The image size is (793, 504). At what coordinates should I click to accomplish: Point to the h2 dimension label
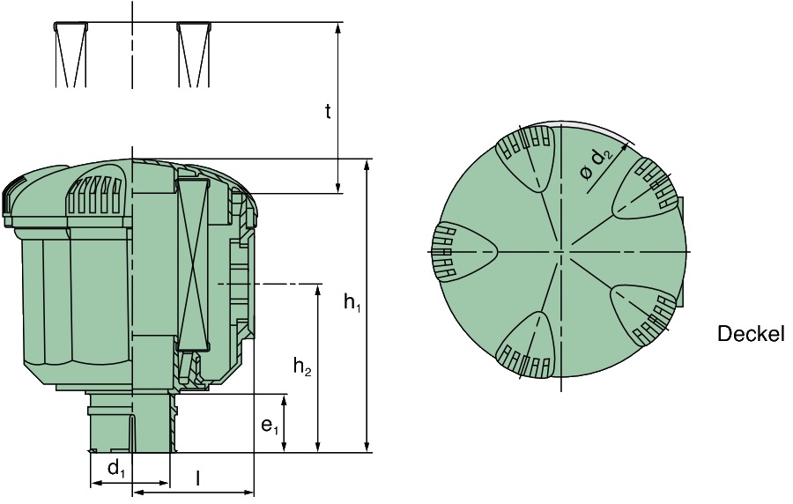[x=302, y=367]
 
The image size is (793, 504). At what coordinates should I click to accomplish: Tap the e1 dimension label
[x=270, y=426]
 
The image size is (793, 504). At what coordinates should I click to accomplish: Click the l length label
[x=197, y=478]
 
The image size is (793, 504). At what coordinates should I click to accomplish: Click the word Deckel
[x=750, y=334]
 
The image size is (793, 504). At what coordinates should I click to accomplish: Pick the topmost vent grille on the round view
[x=528, y=153]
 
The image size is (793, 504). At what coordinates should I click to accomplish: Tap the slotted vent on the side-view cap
[x=94, y=197]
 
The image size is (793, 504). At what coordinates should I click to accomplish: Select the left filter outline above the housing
[x=71, y=54]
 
